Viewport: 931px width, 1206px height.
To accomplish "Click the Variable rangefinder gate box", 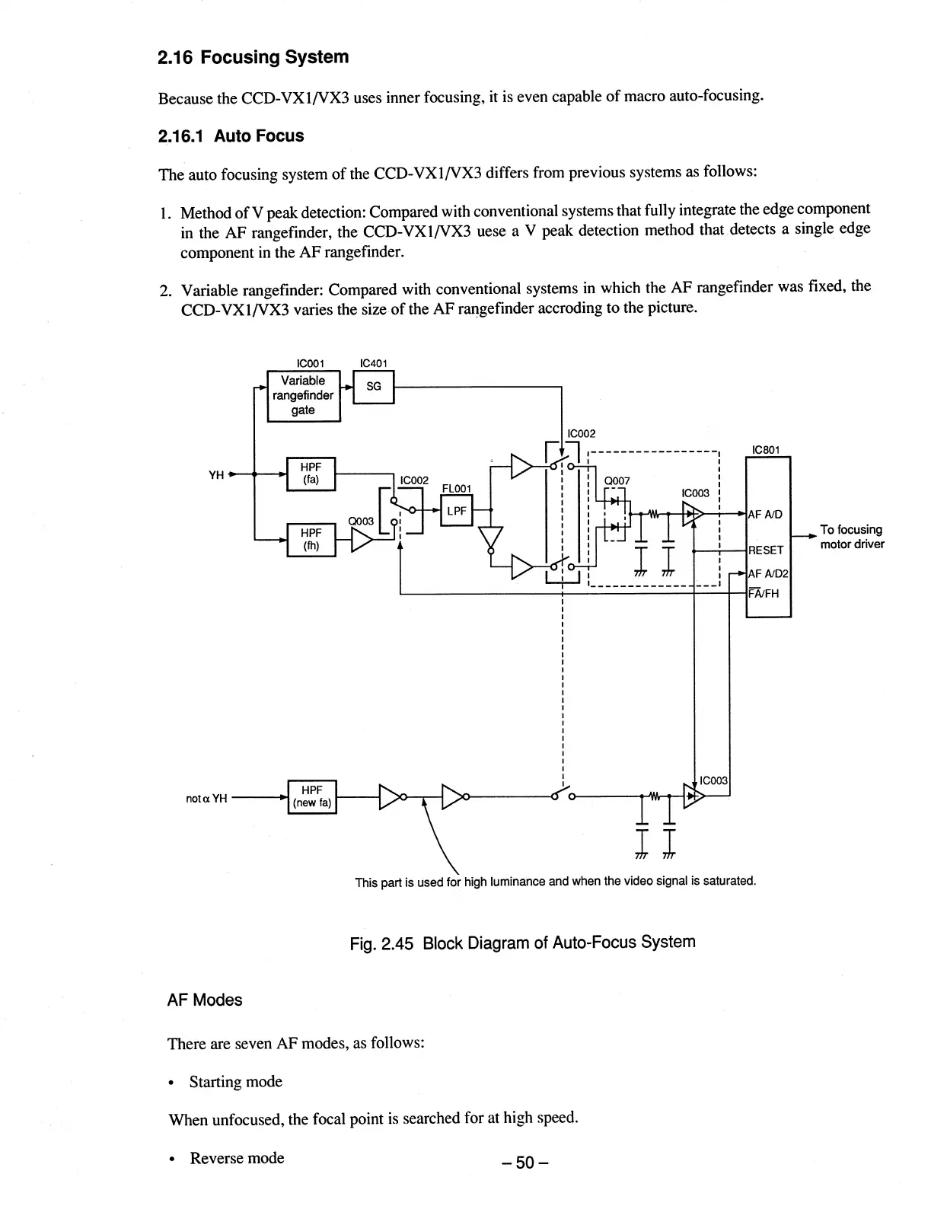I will (303, 395).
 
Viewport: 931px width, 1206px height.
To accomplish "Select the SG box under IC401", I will (374, 387).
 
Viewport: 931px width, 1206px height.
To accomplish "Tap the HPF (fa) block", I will (311, 474).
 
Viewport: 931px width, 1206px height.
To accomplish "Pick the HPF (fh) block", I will (311, 540).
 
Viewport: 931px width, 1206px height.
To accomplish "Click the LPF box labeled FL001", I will (457, 511).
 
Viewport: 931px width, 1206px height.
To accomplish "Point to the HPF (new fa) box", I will (311, 796).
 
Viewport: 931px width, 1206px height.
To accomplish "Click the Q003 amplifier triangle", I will (362, 540).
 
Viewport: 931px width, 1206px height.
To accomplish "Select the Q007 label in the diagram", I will (616, 480).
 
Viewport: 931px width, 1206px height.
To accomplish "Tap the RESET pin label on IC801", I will (766, 550).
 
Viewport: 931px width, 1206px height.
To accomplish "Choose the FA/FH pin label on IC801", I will (764, 594).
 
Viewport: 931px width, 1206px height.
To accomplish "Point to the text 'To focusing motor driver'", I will (851, 537).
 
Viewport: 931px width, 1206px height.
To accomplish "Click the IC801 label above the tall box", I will (765, 450).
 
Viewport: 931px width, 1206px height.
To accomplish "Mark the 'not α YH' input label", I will (206, 798).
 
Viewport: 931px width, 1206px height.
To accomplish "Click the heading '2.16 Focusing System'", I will (253, 57).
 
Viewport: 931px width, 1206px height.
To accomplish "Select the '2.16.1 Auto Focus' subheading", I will (231, 136).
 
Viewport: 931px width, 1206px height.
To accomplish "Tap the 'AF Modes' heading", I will (204, 1000).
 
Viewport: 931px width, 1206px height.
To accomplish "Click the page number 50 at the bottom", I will (524, 1163).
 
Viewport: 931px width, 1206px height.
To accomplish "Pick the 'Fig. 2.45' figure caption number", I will (381, 943).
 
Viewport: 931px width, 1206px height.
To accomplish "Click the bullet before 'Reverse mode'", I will (174, 1160).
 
